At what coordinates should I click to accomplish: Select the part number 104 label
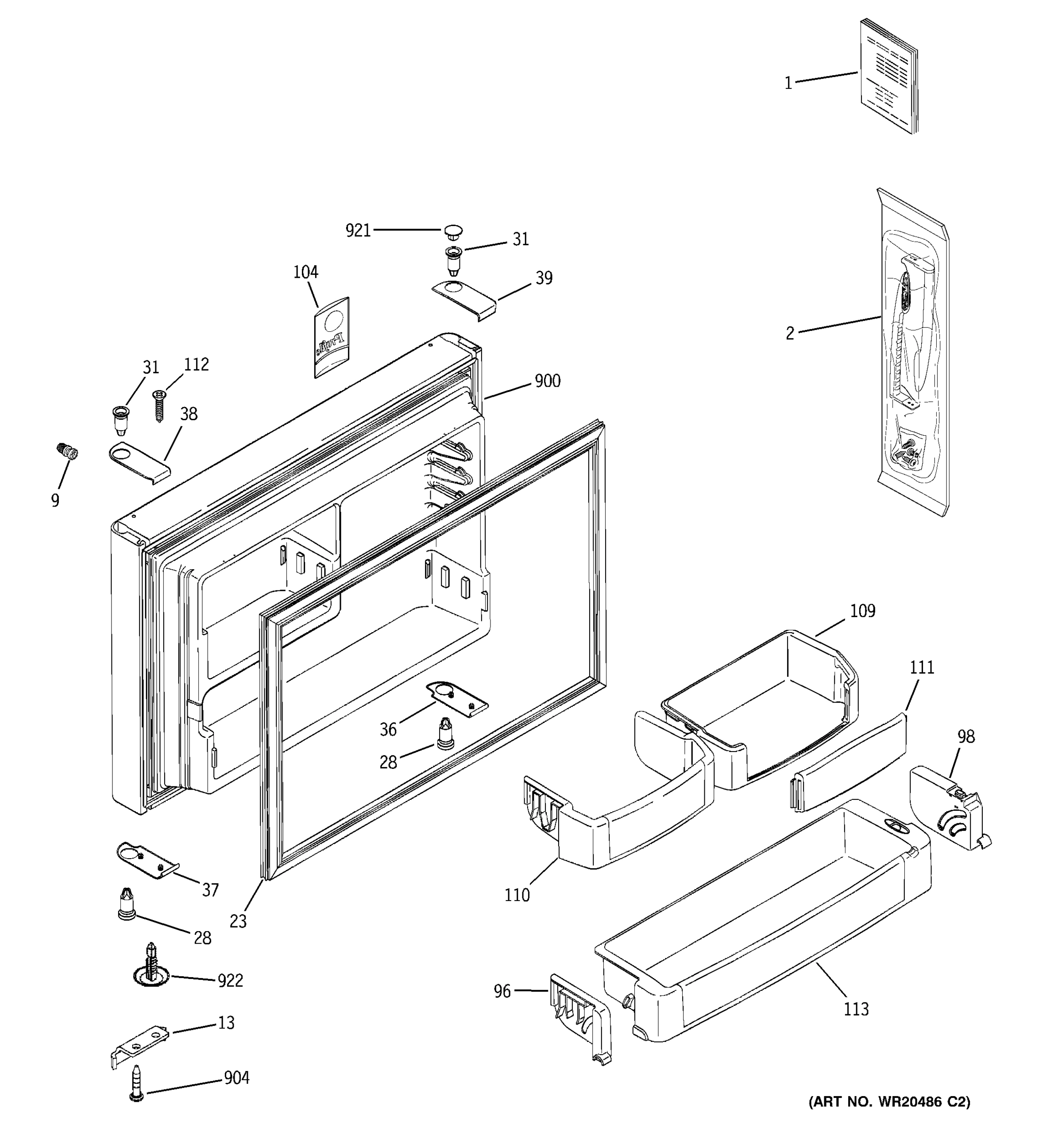point(305,272)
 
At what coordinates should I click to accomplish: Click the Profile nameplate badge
point(332,337)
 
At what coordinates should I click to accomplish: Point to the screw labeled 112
point(159,406)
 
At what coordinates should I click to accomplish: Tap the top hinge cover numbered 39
point(464,301)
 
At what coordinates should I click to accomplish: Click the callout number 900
point(547,381)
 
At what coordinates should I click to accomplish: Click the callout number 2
point(790,333)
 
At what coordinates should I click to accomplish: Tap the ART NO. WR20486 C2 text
point(889,1102)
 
